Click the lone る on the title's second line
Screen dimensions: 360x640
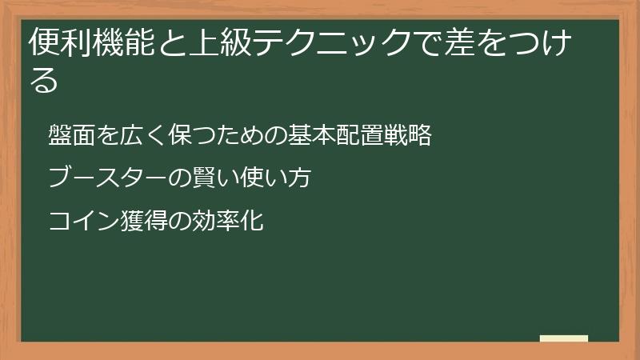(44, 80)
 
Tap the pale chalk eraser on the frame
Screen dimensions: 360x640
(564, 338)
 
